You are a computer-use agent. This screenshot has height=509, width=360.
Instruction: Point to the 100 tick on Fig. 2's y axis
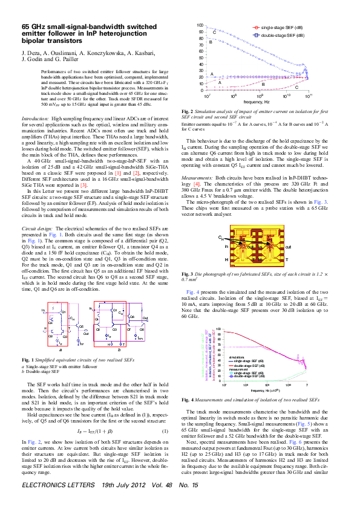200,25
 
